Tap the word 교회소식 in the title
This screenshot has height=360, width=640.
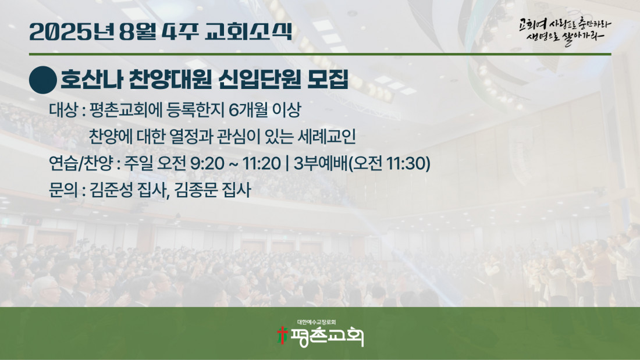click(x=248, y=31)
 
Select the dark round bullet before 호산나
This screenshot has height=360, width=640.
click(x=43, y=80)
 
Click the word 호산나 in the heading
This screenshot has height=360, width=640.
click(x=92, y=79)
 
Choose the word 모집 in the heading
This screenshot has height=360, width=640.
click(x=328, y=79)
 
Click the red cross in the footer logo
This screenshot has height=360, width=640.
click(x=282, y=336)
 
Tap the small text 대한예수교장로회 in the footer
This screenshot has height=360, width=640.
click(x=317, y=322)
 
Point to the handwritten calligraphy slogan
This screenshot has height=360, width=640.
click(x=565, y=31)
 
